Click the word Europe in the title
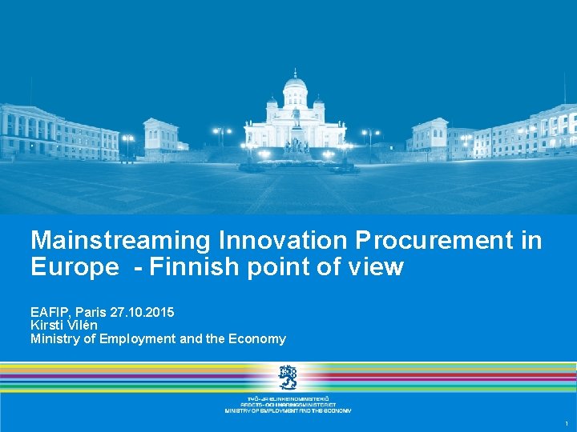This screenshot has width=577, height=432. pos(74,267)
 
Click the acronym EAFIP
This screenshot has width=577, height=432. pos(50,311)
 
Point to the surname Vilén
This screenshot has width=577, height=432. pos(83,325)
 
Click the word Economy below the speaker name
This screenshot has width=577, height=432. pos(256,338)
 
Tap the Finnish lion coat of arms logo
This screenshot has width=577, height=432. pos(288,377)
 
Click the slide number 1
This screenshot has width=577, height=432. pos(567,423)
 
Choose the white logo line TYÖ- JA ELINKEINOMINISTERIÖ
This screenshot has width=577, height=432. pos(288,398)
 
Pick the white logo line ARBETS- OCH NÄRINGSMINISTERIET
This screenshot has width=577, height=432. pos(288,404)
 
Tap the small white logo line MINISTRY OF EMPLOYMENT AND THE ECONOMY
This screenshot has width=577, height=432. pos(288,410)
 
